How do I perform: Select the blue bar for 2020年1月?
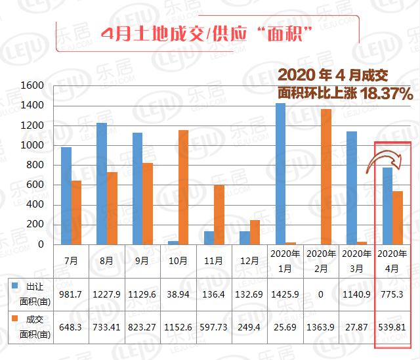point(280,173)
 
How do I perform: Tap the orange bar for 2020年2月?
point(326,177)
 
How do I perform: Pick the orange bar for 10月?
point(183,187)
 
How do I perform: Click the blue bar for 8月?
point(102,183)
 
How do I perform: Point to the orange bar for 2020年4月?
point(398,217)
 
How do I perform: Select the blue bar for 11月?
point(209,237)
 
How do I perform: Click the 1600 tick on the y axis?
point(33,85)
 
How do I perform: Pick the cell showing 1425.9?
point(285,294)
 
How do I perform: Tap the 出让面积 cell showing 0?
point(321,294)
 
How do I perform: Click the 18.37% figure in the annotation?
point(385,95)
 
